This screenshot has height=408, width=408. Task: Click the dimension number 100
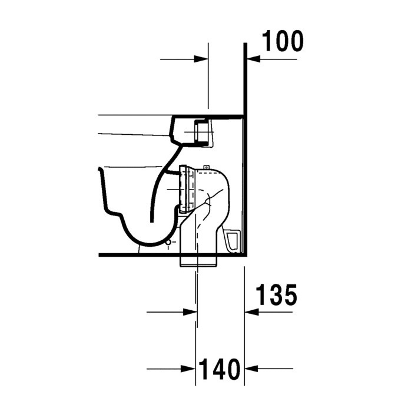pyautogui.click(x=283, y=41)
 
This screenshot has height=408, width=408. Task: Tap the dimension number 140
pyautogui.click(x=220, y=370)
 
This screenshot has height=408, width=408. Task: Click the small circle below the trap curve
pyautogui.click(x=170, y=241)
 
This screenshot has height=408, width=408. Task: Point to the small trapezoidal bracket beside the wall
pyautogui.click(x=233, y=240)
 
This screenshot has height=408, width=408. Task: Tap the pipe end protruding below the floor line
pyautogui.click(x=198, y=264)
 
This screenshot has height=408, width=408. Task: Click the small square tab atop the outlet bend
pyautogui.click(x=207, y=167)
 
